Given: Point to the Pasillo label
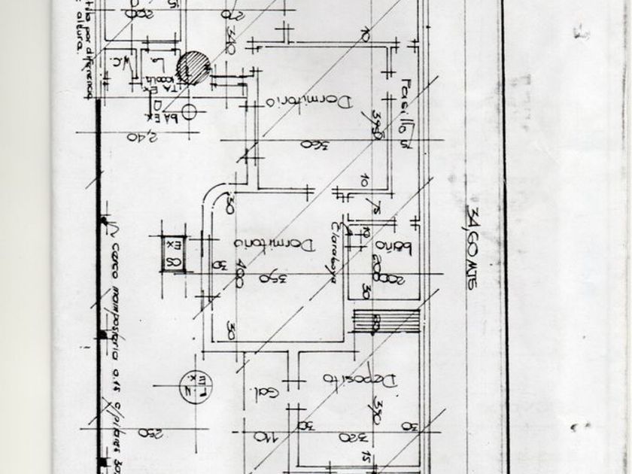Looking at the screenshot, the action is pos(408,111).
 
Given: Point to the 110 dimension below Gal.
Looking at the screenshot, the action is pos(261,436).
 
